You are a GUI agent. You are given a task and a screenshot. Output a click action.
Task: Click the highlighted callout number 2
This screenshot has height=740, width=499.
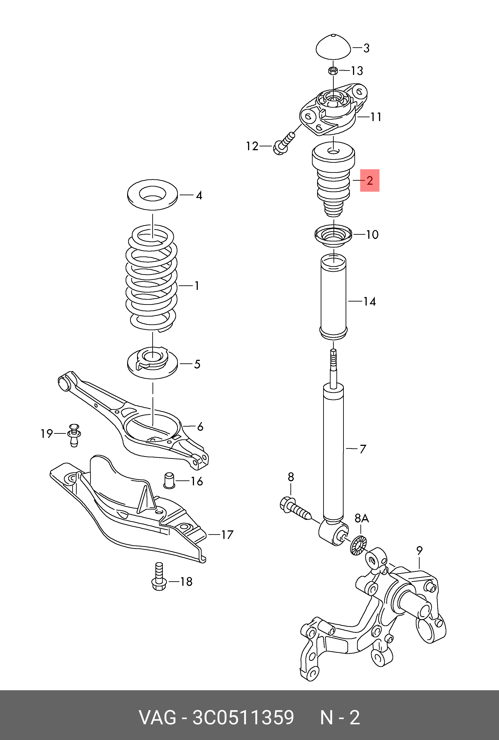(369, 181)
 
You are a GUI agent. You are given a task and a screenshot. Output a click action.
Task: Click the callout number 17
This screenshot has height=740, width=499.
(227, 535)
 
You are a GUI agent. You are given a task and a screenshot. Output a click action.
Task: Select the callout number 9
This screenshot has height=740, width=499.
(419, 549)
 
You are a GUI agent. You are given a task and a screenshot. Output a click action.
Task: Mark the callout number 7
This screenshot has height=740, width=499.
(363, 449)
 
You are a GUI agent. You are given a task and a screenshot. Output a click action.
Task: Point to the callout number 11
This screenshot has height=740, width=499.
(376, 117)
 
